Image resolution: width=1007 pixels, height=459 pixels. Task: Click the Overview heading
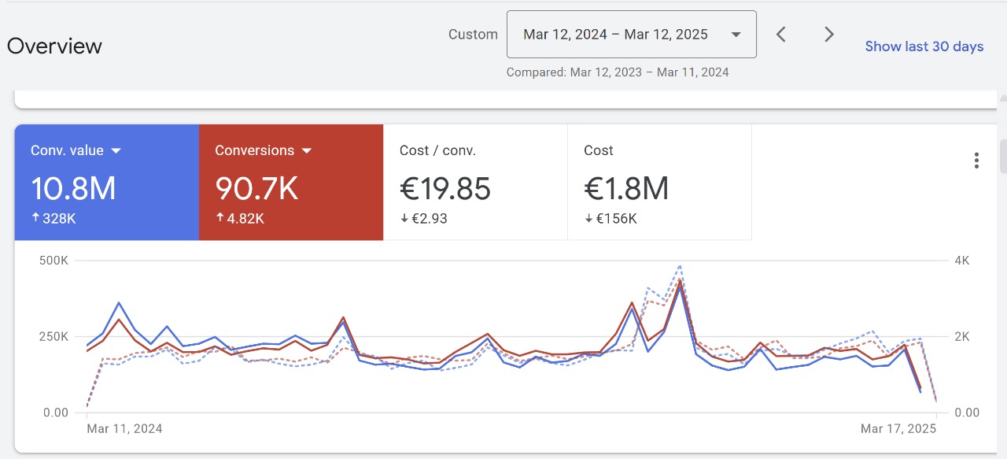point(54,46)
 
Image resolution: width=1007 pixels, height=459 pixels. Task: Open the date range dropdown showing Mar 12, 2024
point(631,35)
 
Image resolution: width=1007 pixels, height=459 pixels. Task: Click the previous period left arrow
point(781,35)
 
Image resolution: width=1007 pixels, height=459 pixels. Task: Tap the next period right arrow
point(828,35)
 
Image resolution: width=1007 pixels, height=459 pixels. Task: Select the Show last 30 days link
point(924,46)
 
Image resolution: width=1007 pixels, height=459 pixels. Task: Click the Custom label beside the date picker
point(473,35)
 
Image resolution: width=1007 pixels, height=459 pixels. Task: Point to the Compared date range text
point(618,72)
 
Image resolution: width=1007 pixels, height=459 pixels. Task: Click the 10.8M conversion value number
point(73,189)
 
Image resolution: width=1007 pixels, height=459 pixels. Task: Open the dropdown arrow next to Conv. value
point(116,150)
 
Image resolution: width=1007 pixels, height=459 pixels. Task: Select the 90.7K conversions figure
point(256,189)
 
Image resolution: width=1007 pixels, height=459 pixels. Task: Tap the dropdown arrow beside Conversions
point(307,150)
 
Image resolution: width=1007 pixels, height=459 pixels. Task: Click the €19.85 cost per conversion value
point(445,189)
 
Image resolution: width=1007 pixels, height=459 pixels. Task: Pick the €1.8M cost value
point(626,189)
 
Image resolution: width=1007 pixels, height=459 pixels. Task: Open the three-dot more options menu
point(976,161)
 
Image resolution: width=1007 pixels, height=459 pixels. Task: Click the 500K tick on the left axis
point(54,261)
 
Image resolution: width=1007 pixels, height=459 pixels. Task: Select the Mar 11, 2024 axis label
point(124,429)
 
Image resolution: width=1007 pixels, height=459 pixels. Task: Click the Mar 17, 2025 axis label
point(898,429)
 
